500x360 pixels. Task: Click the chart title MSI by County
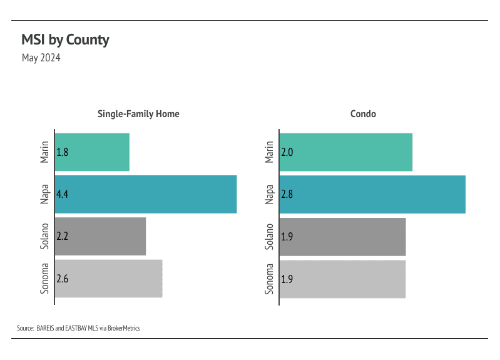click(65, 40)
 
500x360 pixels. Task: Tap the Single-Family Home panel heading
click(138, 114)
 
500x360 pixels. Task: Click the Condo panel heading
click(363, 114)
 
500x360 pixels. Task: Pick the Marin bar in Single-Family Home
click(92, 152)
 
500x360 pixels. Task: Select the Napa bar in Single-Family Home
click(146, 194)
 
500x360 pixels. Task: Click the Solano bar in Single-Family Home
click(100, 236)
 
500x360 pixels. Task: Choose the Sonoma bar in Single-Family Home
click(108, 279)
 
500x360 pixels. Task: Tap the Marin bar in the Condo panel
click(345, 152)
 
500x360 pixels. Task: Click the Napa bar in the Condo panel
click(372, 194)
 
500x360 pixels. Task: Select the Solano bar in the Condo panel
click(342, 236)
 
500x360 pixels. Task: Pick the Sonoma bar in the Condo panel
click(342, 279)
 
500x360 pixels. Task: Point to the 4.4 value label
click(62, 194)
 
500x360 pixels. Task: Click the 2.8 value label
click(287, 194)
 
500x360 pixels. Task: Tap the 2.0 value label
click(287, 152)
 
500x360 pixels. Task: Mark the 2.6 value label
click(62, 279)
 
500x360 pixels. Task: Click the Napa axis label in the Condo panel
click(269, 194)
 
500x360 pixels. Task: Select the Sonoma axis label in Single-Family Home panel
click(45, 279)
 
